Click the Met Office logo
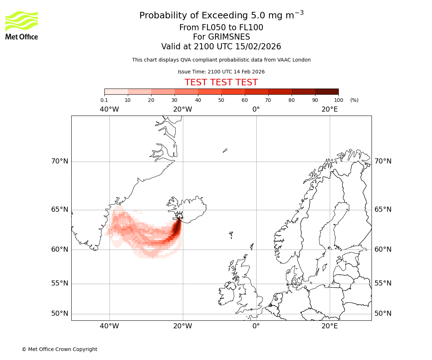[x=22, y=25]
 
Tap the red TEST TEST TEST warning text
[x=221, y=82]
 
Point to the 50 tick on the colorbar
[x=221, y=100]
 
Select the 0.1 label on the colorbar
[x=104, y=100]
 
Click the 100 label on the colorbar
[x=338, y=100]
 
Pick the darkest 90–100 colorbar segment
[x=327, y=91]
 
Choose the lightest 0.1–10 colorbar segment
[x=116, y=91]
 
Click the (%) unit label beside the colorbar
[x=354, y=100]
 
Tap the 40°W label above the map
[x=109, y=109]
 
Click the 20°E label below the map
[x=329, y=326]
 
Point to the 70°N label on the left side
[x=59, y=161]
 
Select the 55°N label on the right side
[x=383, y=283]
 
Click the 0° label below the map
[x=256, y=326]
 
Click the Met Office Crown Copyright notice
[x=59, y=349]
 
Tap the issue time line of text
[x=221, y=72]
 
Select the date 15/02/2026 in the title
[x=258, y=47]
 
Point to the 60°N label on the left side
[x=59, y=249]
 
